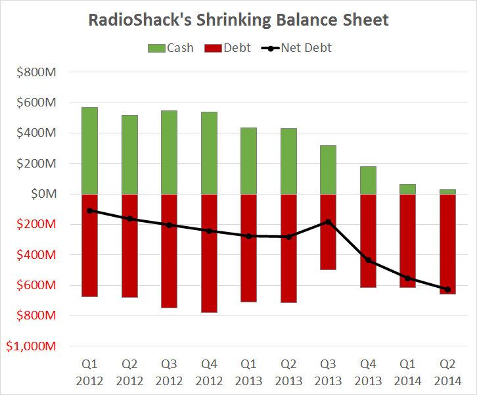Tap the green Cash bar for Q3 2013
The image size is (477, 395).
(x=328, y=170)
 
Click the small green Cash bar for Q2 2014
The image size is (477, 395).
(x=447, y=191)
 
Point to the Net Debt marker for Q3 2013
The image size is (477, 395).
(x=328, y=222)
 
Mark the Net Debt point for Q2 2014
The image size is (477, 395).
(x=447, y=289)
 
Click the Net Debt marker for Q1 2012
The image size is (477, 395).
(x=89, y=210)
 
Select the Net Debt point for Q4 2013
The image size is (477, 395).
(x=368, y=260)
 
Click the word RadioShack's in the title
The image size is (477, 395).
(x=139, y=20)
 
